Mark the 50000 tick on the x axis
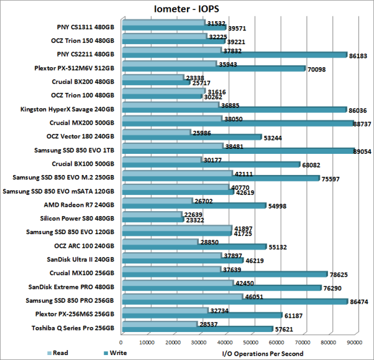[251, 342]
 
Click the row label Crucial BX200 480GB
[83, 81]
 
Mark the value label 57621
[288, 329]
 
